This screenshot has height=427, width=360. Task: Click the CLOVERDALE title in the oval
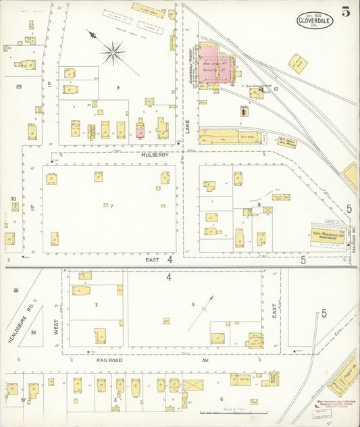tap(315, 20)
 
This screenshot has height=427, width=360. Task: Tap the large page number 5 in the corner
tap(345, 11)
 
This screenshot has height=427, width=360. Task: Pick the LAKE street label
tap(188, 125)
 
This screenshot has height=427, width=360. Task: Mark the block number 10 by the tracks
tap(276, 89)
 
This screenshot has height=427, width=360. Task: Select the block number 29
tap(19, 86)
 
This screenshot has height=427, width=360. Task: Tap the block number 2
tap(97, 305)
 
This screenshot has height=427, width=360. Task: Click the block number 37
tap(23, 400)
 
